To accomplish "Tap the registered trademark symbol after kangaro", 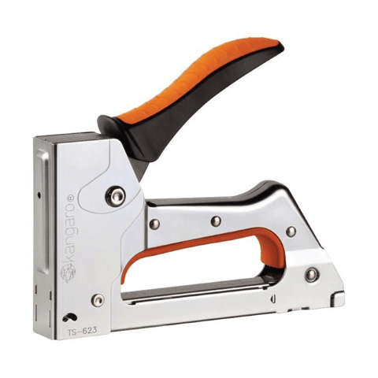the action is click(x=72, y=198).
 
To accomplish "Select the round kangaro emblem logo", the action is click(x=68, y=273).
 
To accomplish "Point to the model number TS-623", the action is click(x=83, y=330).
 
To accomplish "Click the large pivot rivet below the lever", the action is click(x=115, y=195).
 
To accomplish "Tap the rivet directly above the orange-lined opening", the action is click(x=216, y=221).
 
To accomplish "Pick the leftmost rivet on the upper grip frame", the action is click(x=154, y=224).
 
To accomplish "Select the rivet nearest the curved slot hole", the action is click(x=98, y=300).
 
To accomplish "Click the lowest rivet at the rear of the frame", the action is click(x=311, y=274).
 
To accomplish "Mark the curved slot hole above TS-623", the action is click(x=70, y=317).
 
